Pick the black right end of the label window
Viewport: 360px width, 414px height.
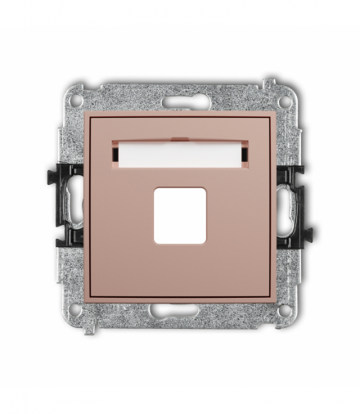(x=243, y=151)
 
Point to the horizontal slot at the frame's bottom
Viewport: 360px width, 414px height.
(x=179, y=310)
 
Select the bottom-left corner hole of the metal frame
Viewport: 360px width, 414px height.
(x=76, y=310)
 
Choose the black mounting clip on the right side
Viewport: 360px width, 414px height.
(x=293, y=206)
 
